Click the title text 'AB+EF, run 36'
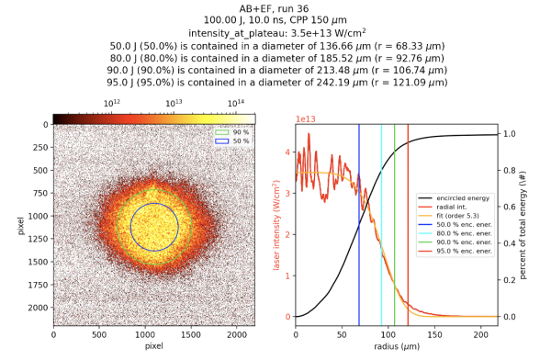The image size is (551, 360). click(275, 7)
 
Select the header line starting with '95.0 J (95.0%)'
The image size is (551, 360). click(275, 82)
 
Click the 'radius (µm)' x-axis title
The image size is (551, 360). click(396, 346)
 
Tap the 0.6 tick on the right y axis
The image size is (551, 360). click(506, 208)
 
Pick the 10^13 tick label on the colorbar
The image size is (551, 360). click(174, 103)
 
